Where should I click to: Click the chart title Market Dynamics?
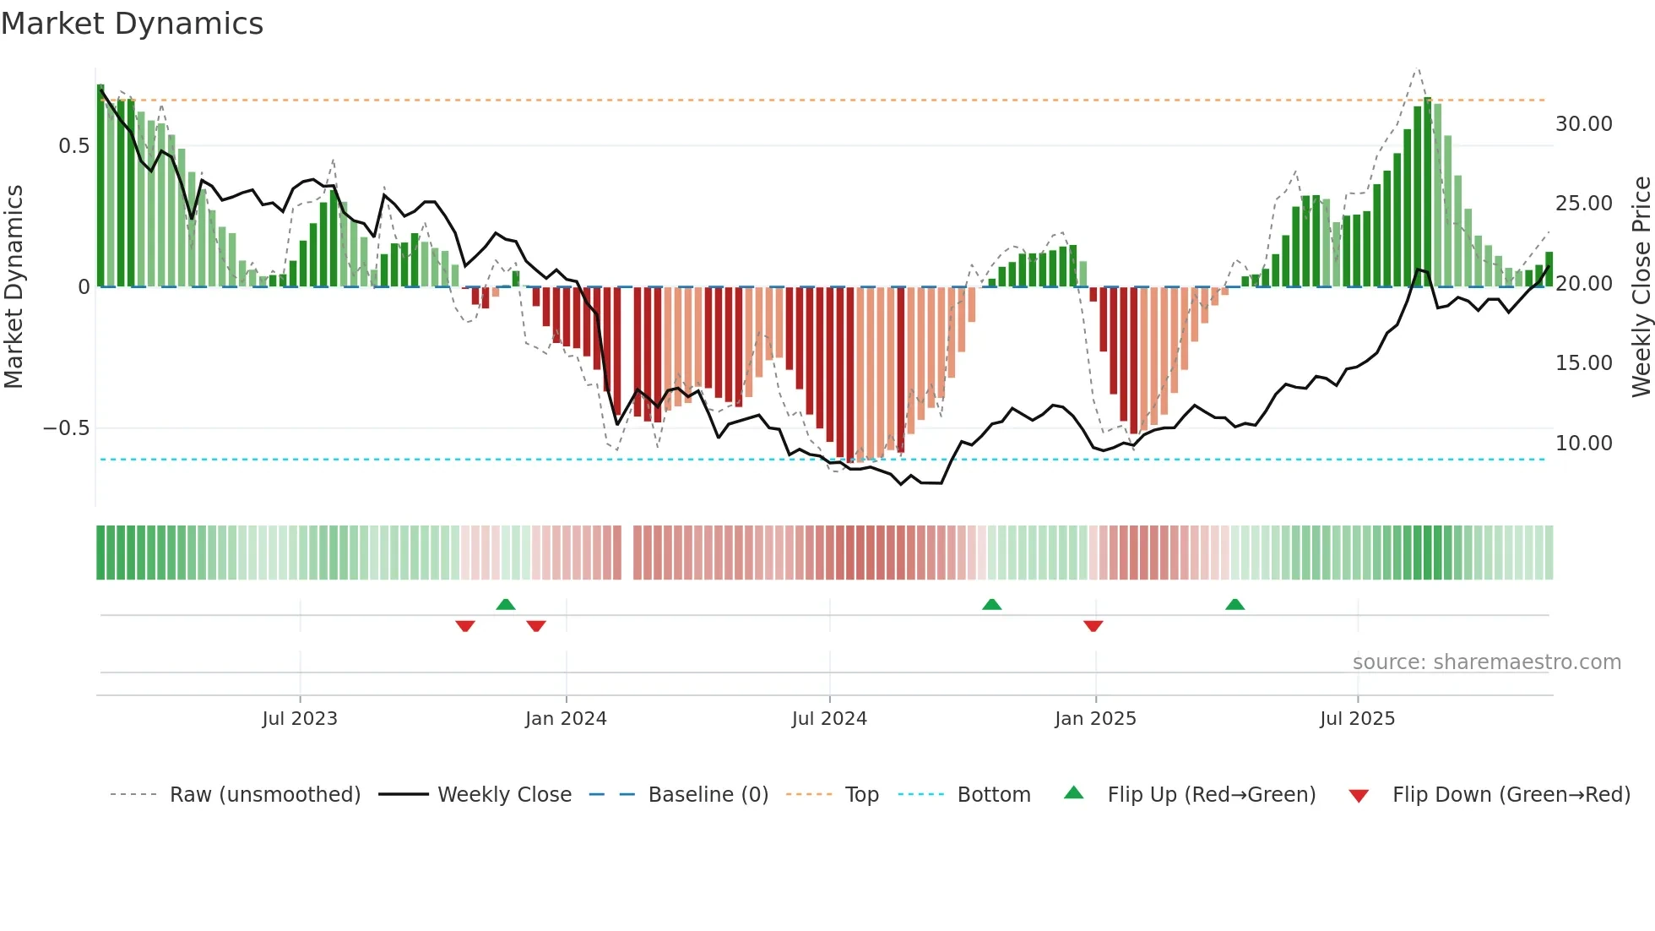click(132, 24)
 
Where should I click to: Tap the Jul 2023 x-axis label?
click(300, 719)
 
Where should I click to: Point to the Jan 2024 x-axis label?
click(566, 719)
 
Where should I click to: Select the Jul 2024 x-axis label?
click(829, 719)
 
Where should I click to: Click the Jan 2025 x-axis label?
click(1095, 719)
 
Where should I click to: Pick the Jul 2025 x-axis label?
click(1357, 719)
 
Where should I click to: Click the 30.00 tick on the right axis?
click(1583, 124)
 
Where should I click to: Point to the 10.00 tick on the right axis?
click(1583, 444)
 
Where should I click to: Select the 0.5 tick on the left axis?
click(73, 146)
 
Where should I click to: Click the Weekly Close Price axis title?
click(1641, 286)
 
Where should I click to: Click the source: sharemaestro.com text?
click(1486, 662)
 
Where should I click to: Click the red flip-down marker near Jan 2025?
click(1093, 626)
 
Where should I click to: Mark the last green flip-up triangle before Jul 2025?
click(1234, 604)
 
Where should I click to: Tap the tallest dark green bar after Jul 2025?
click(1428, 193)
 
